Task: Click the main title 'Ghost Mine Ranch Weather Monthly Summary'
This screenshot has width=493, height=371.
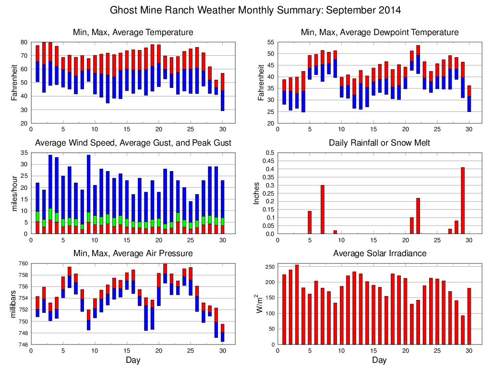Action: (255, 10)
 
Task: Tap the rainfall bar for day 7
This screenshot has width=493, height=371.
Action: (323, 210)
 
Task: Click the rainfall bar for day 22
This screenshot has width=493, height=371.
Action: (418, 216)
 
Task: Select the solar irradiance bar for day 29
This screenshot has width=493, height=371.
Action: (463, 330)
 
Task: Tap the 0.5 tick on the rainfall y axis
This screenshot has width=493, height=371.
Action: (270, 153)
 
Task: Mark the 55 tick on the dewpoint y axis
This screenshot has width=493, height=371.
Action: (270, 43)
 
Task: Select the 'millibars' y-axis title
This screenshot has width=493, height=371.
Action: (13, 304)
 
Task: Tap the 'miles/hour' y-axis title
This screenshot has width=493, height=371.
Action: (13, 193)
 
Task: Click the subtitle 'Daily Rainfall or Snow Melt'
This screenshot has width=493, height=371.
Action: (379, 143)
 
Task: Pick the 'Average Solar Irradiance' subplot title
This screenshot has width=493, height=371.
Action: (379, 253)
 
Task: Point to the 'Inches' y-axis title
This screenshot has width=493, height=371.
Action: (257, 193)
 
